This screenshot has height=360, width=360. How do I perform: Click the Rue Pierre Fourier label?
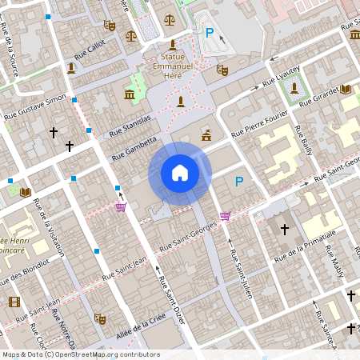(x=259, y=129)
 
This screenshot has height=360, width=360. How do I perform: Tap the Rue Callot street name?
(x=90, y=50)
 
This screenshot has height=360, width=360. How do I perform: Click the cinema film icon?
(x=14, y=302)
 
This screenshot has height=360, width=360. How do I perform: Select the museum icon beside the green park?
(x=130, y=96)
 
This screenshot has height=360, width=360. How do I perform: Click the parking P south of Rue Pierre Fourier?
(x=238, y=182)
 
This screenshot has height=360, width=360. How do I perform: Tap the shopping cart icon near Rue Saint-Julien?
(x=225, y=215)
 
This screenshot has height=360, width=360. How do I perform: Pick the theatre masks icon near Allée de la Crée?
(x=100, y=318)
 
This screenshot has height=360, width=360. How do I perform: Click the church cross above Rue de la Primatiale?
(x=284, y=230)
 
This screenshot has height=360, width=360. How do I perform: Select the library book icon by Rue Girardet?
(x=346, y=89)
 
